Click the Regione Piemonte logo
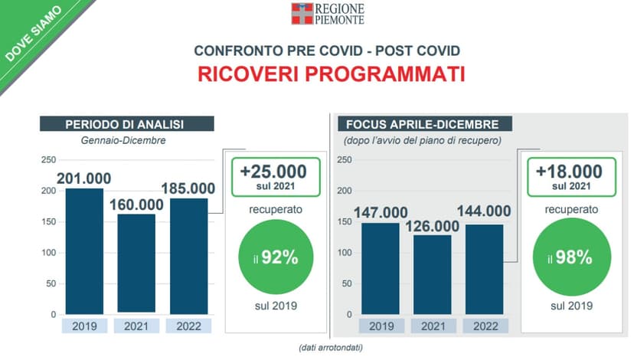(328, 14)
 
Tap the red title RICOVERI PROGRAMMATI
(331, 74)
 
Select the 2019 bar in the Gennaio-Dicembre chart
(84, 251)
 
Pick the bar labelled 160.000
(136, 264)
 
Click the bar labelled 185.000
(189, 256)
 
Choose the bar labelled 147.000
(381, 269)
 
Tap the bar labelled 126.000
(432, 275)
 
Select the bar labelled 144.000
(485, 270)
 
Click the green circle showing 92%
(276, 257)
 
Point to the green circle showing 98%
(572, 257)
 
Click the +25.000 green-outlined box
(276, 177)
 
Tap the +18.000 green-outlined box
(572, 177)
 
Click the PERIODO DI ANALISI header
(127, 124)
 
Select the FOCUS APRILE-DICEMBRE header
(425, 124)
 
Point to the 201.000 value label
(83, 178)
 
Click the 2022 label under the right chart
(485, 326)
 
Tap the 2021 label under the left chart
(136, 326)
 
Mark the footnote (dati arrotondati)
(331, 348)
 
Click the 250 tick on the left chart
(48, 160)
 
